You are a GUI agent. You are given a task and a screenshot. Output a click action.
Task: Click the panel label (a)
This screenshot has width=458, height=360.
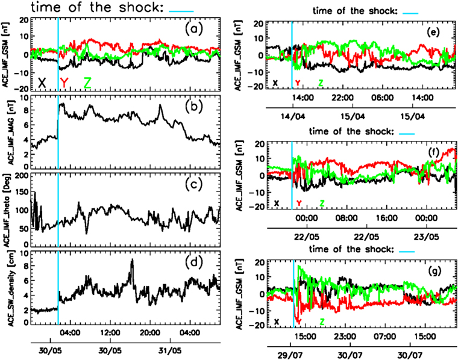pyautogui.click(x=195, y=28)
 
